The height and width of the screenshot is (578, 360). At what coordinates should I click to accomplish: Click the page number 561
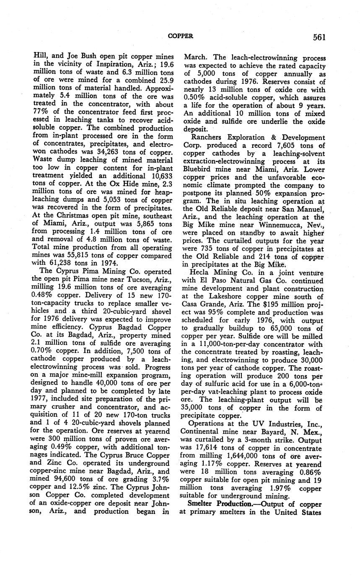(x=319, y=37)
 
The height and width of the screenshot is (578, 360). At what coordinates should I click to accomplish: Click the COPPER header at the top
(x=180, y=36)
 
